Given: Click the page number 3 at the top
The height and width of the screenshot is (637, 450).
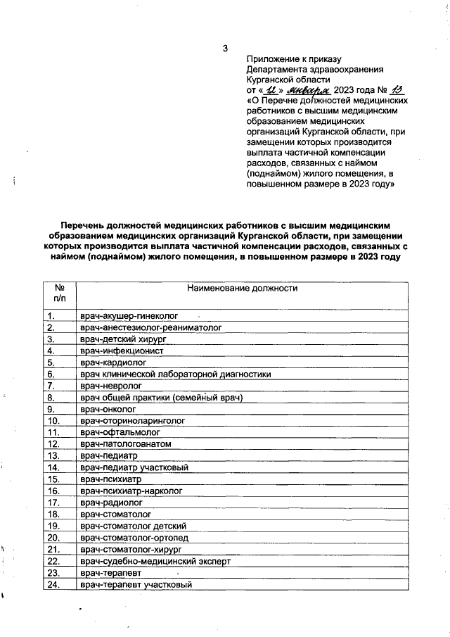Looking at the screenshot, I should point(225,49).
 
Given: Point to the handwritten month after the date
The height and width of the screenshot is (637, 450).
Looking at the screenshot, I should point(309,90).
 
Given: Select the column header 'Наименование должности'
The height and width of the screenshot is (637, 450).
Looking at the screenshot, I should point(243,288).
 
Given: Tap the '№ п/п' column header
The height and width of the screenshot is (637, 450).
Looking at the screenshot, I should point(60,294).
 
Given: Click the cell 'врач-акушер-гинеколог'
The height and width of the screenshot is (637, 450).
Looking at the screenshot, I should point(130,316).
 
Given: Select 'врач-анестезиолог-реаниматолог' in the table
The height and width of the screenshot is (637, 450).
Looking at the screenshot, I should point(151,327).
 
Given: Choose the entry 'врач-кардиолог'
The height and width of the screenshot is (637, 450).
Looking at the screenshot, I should point(112,362).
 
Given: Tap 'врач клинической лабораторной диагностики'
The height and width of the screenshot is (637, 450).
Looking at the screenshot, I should point(175,374).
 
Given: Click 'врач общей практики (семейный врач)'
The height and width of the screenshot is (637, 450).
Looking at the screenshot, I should point(162,398).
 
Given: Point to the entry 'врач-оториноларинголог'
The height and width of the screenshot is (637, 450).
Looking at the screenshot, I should point(132,421).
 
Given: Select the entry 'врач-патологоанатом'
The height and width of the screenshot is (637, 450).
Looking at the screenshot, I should point(125,444).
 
